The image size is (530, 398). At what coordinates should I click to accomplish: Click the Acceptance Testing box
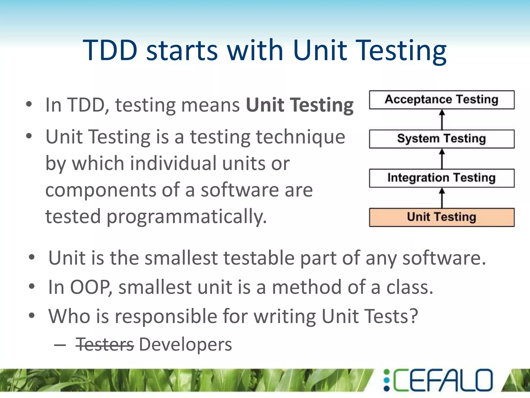click(441, 100)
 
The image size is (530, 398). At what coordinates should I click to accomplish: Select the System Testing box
click(441, 139)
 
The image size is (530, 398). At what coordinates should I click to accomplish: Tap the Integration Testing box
click(441, 178)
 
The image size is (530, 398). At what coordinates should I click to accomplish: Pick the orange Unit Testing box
click(441, 217)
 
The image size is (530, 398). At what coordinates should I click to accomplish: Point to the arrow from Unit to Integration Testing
click(442, 198)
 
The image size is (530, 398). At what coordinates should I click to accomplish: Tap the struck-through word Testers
click(105, 345)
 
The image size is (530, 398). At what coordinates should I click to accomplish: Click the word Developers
click(185, 345)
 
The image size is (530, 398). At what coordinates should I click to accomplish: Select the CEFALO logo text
click(443, 380)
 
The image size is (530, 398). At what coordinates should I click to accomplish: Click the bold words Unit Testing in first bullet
click(299, 105)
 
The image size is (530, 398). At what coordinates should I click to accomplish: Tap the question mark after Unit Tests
click(413, 316)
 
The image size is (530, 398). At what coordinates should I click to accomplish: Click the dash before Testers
click(60, 345)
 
